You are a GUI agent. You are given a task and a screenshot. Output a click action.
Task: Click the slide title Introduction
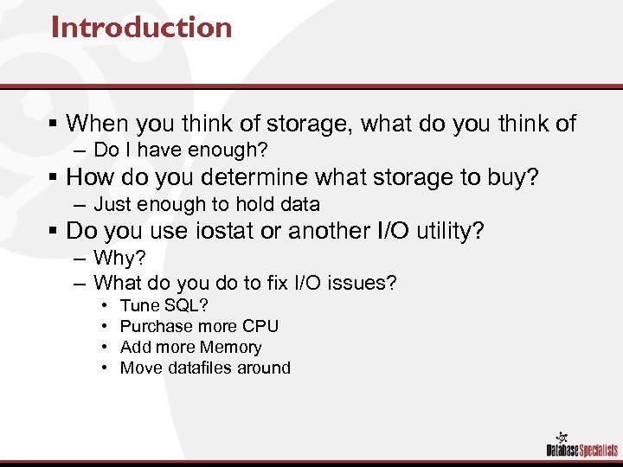pyautogui.click(x=141, y=28)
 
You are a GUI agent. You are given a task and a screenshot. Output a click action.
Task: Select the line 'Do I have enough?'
pyautogui.click(x=180, y=150)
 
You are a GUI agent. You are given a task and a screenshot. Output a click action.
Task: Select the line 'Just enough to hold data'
pyautogui.click(x=206, y=204)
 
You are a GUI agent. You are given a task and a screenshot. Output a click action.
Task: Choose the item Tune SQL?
pyautogui.click(x=164, y=305)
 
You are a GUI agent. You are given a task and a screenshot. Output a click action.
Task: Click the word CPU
pyautogui.click(x=260, y=326)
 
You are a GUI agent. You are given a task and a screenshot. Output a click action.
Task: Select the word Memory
pyautogui.click(x=230, y=347)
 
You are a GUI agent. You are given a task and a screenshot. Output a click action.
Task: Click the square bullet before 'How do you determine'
pyautogui.click(x=55, y=178)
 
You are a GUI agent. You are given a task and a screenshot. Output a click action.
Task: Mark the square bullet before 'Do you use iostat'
pyautogui.click(x=55, y=232)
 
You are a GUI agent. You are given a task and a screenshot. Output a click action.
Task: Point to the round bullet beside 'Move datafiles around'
pyautogui.click(x=104, y=368)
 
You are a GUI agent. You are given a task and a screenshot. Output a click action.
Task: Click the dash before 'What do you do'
pyautogui.click(x=80, y=282)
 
